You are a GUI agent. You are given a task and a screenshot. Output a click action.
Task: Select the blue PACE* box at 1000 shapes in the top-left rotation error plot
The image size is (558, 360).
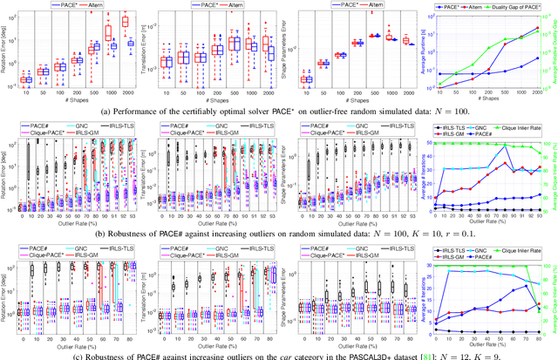(112, 44)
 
